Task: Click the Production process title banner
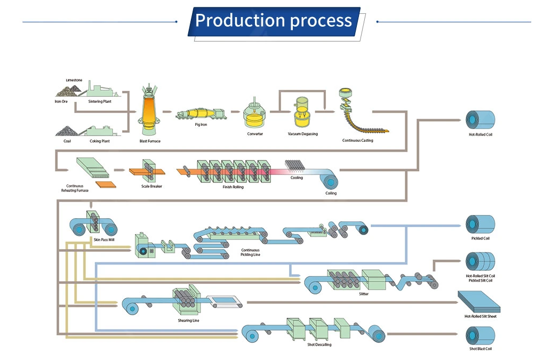(x=274, y=21)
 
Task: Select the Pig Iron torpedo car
(x=201, y=114)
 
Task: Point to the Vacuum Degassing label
(x=302, y=134)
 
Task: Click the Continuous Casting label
(x=357, y=140)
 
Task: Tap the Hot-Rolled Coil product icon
(x=481, y=119)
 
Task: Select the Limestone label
(x=74, y=80)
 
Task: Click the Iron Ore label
(x=61, y=101)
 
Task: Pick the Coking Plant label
(x=100, y=141)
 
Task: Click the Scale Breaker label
(x=151, y=186)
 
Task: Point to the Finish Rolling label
(x=233, y=187)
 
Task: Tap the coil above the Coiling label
(x=329, y=181)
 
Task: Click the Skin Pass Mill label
(x=104, y=239)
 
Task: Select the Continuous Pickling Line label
(x=250, y=252)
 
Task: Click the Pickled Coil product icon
(x=481, y=225)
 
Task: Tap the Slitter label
(x=364, y=294)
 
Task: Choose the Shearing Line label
(x=189, y=321)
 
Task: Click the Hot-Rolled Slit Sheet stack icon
(x=479, y=302)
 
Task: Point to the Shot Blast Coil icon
(x=481, y=335)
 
